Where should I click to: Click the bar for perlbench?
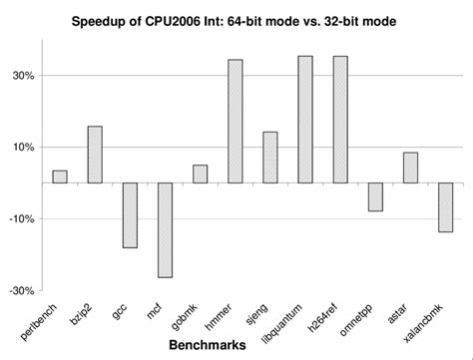60,177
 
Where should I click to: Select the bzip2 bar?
95,155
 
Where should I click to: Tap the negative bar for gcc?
130,214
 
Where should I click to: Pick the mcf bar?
165,229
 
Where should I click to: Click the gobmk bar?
200,174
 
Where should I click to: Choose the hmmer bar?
235,121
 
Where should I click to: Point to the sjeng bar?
269,158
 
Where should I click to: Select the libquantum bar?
305,119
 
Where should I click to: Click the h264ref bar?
340,119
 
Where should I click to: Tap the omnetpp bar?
375,196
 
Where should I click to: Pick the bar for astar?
410,168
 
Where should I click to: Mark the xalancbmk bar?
445,207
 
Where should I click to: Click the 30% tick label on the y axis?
23,76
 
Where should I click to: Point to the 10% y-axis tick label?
23,148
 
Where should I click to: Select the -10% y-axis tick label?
21,219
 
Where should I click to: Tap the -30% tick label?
21,291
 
